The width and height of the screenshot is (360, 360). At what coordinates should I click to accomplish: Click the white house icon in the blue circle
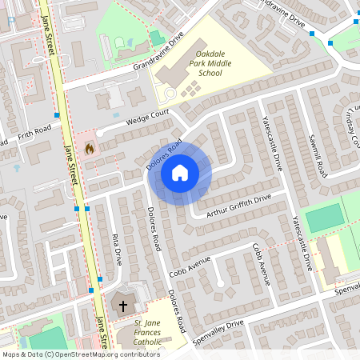[180, 172]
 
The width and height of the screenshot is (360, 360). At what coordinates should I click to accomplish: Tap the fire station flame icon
[90, 148]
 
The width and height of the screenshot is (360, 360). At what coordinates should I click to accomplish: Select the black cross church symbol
[124, 306]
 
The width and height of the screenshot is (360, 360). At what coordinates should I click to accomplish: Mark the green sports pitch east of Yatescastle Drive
[325, 218]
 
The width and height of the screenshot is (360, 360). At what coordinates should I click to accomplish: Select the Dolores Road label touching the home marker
[165, 154]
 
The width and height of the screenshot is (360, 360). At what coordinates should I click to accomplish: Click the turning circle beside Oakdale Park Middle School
[170, 94]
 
